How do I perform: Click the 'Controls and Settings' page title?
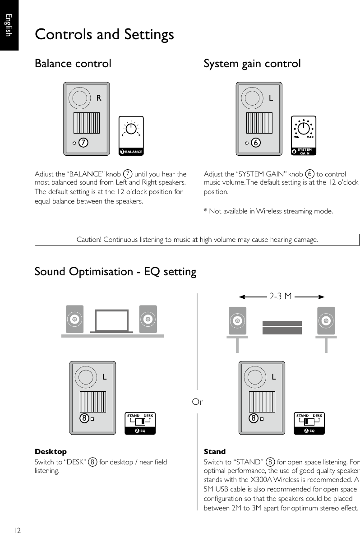point(104,35)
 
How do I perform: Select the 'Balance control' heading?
point(73,64)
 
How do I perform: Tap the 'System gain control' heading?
point(252,64)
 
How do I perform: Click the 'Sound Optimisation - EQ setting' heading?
point(115,272)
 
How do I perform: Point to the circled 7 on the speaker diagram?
point(83,143)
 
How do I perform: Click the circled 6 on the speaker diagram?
point(255,143)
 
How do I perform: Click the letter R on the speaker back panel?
point(98,97)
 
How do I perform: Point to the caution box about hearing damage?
point(197,240)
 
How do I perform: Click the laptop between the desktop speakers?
point(111,321)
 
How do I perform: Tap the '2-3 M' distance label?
point(281,297)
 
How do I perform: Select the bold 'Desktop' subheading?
point(51,452)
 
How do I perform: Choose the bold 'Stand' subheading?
point(215,452)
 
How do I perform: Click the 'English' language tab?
point(9,25)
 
